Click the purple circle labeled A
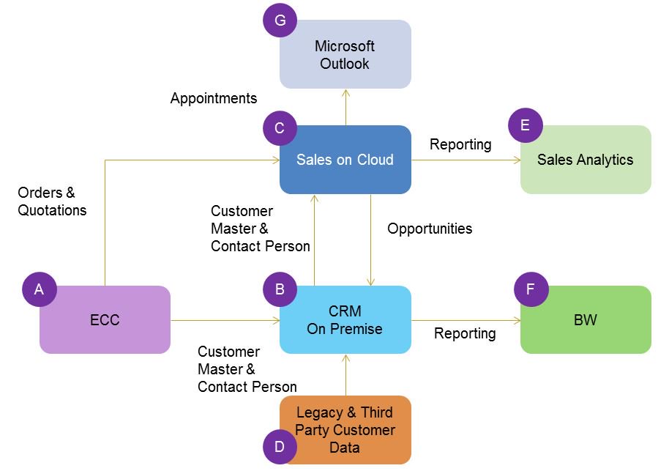tap(39, 289)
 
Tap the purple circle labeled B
tap(280, 289)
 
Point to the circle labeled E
tap(525, 125)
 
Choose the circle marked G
tap(280, 20)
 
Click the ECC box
tap(105, 320)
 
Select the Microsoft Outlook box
tap(345, 55)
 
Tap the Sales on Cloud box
tap(345, 160)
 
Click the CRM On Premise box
tap(345, 320)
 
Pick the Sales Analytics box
tap(586, 160)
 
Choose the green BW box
tap(586, 320)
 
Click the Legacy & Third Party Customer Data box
tap(345, 430)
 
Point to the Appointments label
tap(214, 98)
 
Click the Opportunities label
tap(430, 229)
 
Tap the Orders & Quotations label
tap(52, 201)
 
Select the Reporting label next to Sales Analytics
tap(460, 144)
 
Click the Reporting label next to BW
tap(465, 333)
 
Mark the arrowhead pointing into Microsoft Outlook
tap(345, 93)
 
